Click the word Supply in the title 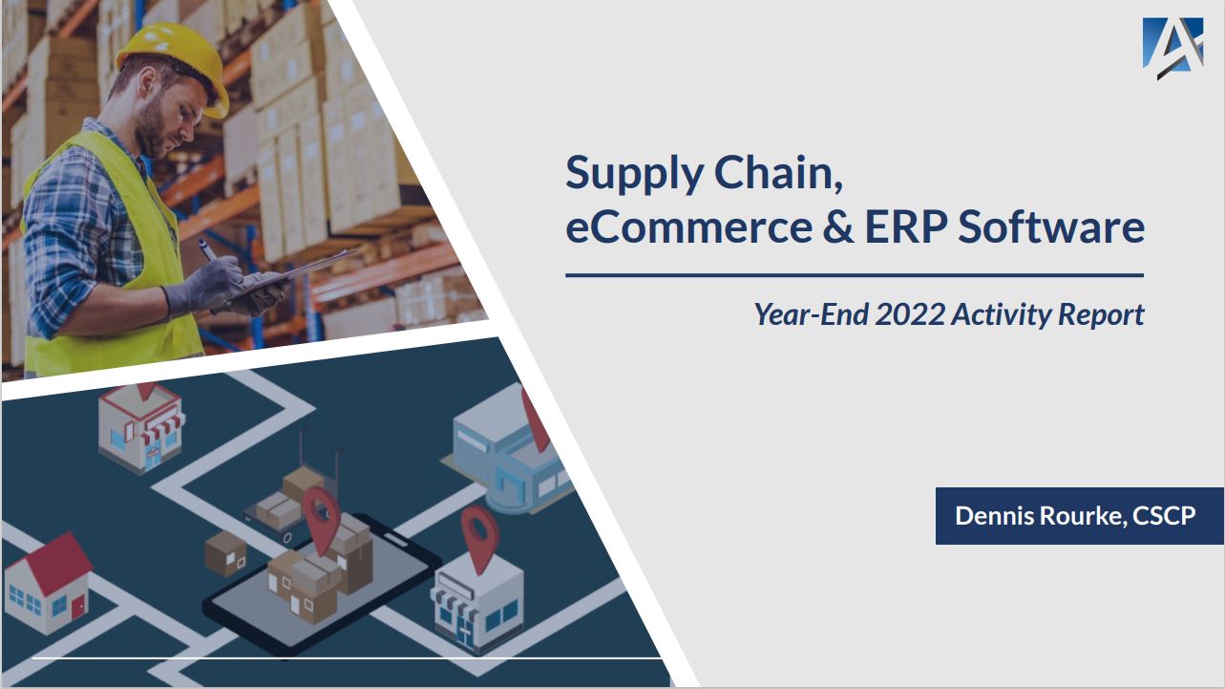634,175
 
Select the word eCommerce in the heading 688,227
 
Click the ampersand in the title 837,227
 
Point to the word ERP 906,227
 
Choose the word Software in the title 1051,226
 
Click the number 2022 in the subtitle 910,314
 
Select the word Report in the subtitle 1101,315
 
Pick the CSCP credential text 1164,515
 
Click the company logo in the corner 1173,48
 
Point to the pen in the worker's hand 208,249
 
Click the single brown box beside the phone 226,553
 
